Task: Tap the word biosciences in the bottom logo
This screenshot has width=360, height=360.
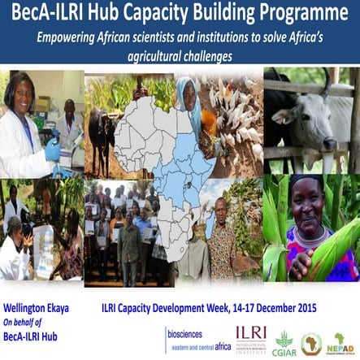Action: click(185, 333)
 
